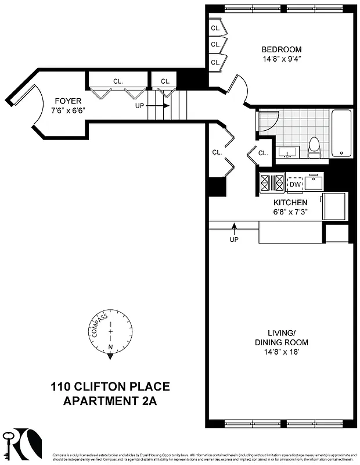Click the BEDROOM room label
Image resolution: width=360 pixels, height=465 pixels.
click(281, 49)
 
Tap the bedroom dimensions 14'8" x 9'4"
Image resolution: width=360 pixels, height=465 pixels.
click(281, 59)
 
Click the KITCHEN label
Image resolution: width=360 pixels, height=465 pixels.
click(290, 202)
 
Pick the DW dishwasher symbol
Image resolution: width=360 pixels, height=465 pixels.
click(296, 184)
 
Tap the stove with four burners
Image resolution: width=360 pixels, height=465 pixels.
click(272, 183)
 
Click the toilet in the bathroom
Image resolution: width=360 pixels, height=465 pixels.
click(314, 148)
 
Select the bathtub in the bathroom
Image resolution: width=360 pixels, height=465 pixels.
click(341, 133)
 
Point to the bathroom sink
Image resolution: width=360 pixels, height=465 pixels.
click(287, 153)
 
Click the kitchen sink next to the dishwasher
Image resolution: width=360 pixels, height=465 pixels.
click(314, 183)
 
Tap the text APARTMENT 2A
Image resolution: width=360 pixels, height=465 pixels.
click(110, 400)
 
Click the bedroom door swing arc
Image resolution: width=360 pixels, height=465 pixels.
click(241, 90)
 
